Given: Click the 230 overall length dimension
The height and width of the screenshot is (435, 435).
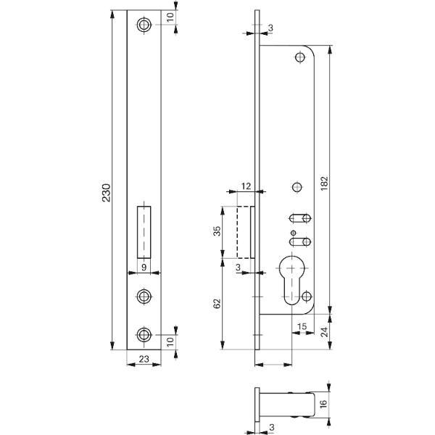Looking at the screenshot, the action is [107, 193].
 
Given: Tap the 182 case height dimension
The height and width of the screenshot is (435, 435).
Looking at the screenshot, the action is [324, 183].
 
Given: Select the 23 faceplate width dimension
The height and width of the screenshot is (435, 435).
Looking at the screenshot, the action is [144, 359].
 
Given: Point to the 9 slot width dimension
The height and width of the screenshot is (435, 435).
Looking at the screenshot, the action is [144, 267].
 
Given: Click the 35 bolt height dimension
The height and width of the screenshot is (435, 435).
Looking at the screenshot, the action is [217, 231].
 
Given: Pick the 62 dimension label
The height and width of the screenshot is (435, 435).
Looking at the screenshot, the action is [217, 304].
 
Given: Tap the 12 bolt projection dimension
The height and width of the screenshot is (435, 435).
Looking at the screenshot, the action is [246, 186].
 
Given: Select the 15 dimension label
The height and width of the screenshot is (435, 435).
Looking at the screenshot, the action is [302, 326].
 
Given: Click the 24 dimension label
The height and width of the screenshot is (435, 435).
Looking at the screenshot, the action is [324, 332].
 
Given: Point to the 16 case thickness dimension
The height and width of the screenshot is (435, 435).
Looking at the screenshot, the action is [324, 404].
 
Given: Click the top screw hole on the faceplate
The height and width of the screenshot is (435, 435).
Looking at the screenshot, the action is [144, 25].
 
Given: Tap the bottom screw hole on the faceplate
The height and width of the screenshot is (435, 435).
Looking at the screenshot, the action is [144, 335].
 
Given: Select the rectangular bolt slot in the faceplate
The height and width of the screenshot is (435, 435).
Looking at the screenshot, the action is [144, 232].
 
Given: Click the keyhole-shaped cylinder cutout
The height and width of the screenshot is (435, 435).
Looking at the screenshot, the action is [291, 279].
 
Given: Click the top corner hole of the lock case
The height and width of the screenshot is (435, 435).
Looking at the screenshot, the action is [300, 58].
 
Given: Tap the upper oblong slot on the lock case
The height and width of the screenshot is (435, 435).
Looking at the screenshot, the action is [300, 218].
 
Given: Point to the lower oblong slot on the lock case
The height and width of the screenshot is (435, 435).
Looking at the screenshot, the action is [300, 242].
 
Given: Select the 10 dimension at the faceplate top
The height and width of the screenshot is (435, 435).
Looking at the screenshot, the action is [170, 17].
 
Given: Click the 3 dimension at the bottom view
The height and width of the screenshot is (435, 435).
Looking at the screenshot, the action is [272, 427].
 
